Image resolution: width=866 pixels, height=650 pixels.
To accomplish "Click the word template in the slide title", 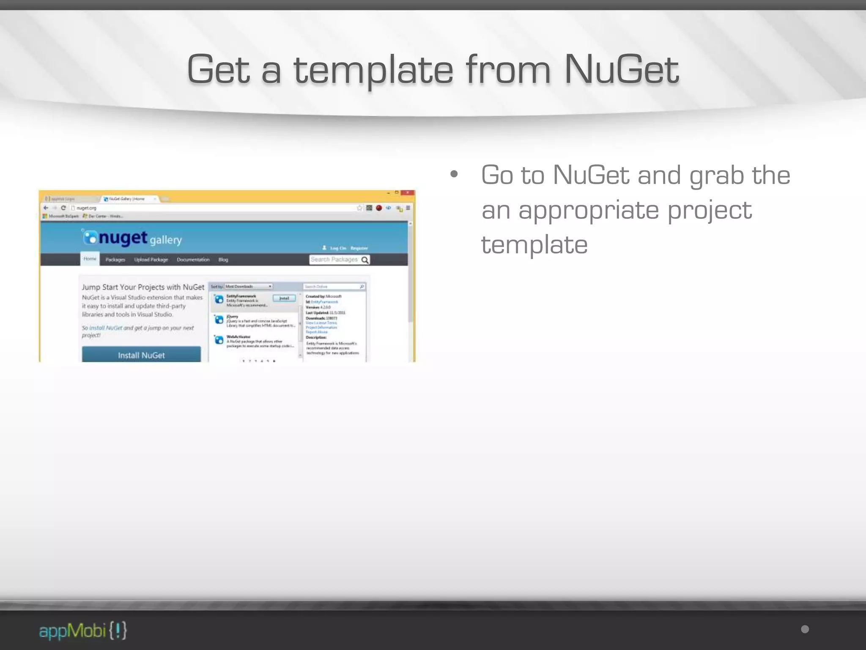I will click(373, 70).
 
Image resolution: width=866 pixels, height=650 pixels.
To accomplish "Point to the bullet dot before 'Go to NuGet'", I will click(454, 174).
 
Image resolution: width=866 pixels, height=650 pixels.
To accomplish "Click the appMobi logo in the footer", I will click(83, 631).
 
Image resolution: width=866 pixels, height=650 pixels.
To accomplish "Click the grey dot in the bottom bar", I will click(805, 629).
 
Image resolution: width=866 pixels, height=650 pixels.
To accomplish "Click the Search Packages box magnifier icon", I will click(365, 260).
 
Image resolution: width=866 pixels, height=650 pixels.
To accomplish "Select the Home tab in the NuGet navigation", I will click(90, 259).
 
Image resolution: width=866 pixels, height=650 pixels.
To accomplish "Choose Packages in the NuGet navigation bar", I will click(115, 259).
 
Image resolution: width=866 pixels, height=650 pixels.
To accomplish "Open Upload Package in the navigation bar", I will click(151, 259).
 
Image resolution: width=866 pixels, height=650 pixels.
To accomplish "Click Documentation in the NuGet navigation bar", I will click(193, 259).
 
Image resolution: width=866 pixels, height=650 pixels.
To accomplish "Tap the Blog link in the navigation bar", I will click(223, 259).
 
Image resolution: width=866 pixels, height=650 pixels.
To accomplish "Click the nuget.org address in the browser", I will click(87, 208).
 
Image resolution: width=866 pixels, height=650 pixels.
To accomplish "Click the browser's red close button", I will click(408, 193).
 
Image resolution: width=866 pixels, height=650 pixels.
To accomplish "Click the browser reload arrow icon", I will click(63, 208).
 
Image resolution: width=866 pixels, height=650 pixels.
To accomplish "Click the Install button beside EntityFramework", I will click(284, 298).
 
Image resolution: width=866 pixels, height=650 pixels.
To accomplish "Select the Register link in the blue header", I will click(359, 248).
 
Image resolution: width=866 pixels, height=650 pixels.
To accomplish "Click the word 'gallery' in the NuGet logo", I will click(165, 240).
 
